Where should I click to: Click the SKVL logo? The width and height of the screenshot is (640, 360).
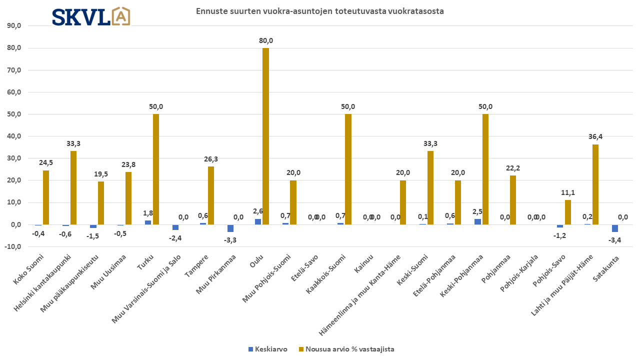tap(91, 16)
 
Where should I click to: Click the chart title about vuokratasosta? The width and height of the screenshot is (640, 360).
tap(319, 11)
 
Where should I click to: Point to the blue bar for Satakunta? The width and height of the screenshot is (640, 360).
tap(615, 228)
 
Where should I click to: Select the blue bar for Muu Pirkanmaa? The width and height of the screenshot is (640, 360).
tap(230, 228)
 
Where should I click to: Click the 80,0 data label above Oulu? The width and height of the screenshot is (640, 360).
tap(265, 40)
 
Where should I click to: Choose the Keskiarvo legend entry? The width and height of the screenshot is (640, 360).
tap(268, 349)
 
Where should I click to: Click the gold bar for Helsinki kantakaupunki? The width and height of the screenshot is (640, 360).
tap(73, 187)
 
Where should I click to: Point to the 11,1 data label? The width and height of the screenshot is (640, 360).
tap(567, 192)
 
